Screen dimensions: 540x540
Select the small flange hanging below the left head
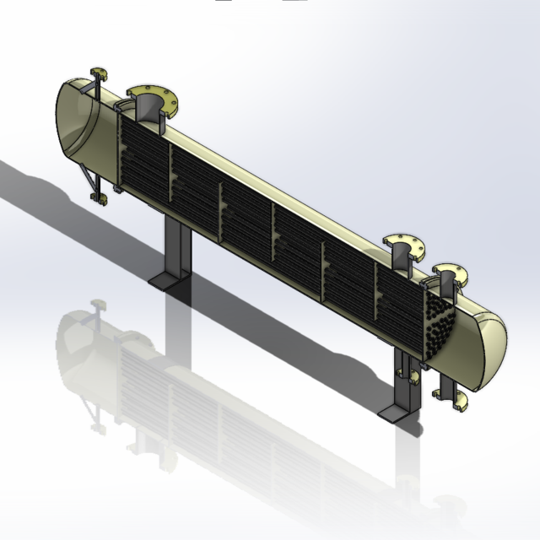click(x=100, y=198)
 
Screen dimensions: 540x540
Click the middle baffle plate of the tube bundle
click(x=273, y=228)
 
